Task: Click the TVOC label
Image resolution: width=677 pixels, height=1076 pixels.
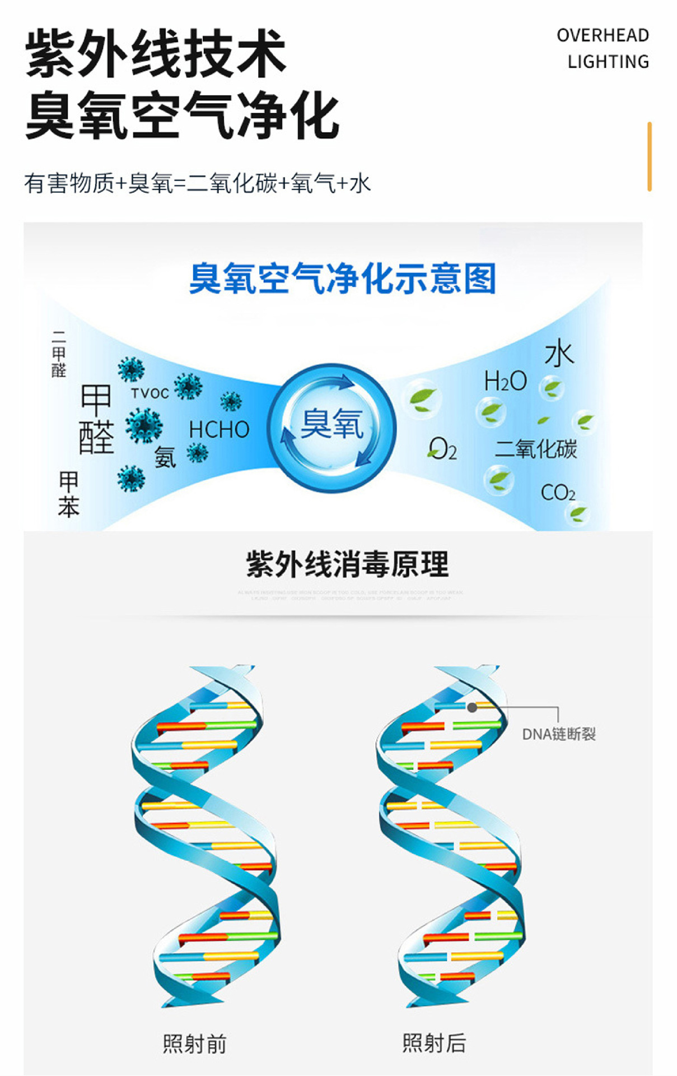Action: (150, 393)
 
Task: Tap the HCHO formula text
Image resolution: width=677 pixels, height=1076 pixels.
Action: (219, 430)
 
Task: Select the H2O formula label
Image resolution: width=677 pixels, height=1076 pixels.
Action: (505, 381)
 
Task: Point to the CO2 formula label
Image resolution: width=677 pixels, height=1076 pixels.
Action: (558, 493)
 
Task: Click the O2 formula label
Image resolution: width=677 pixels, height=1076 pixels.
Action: (442, 449)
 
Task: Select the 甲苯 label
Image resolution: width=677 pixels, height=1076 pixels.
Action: (68, 494)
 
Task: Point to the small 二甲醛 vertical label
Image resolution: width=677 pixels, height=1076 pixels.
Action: (59, 354)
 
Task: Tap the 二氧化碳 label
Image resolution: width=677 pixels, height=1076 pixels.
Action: (536, 449)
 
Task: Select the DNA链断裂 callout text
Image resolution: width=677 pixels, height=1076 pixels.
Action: (558, 734)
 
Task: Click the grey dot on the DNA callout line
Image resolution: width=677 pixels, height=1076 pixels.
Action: (472, 707)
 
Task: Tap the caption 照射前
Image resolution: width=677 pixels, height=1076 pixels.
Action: (194, 1044)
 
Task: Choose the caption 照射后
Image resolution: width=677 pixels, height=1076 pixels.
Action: (434, 1043)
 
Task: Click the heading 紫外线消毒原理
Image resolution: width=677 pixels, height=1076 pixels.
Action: (347, 564)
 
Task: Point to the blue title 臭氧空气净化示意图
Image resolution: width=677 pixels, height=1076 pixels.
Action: (343, 279)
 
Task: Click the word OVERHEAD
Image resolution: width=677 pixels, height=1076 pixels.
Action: (603, 35)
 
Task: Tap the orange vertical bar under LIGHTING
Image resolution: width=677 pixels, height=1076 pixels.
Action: (650, 156)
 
